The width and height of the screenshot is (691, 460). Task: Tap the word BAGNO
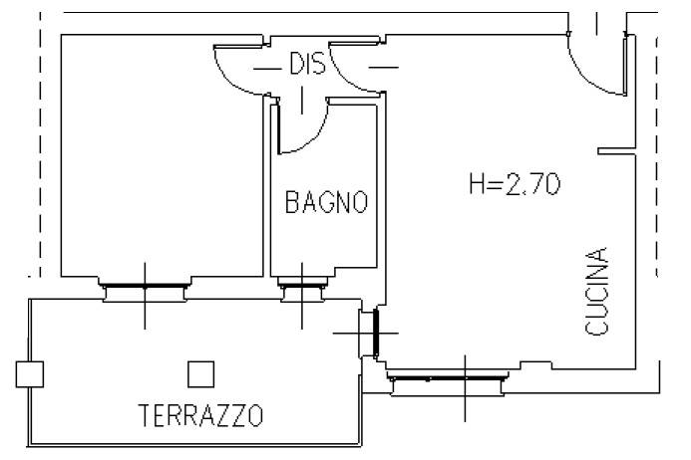(x=326, y=203)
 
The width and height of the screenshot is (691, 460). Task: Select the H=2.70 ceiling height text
(x=515, y=184)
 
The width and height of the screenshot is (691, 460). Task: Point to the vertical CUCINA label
(x=596, y=291)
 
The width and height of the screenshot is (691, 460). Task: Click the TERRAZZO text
(x=200, y=414)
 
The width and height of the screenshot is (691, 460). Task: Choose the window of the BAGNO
(x=303, y=291)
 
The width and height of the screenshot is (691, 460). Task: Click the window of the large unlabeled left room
(x=144, y=289)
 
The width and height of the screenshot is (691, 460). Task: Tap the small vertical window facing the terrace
(x=376, y=332)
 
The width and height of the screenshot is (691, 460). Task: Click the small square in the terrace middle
(x=201, y=373)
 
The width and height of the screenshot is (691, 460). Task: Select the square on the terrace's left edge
(x=29, y=373)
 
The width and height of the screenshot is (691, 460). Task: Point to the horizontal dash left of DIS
(x=267, y=68)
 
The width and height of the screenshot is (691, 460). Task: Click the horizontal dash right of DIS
(x=385, y=68)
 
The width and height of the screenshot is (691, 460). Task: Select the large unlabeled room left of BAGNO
(x=160, y=159)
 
